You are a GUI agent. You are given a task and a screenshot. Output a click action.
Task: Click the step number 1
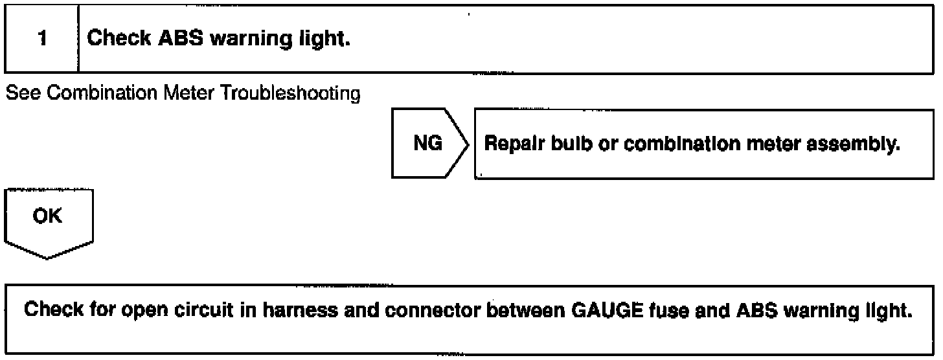[x=41, y=39]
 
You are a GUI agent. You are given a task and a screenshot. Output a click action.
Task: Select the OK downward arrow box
[x=49, y=220]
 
